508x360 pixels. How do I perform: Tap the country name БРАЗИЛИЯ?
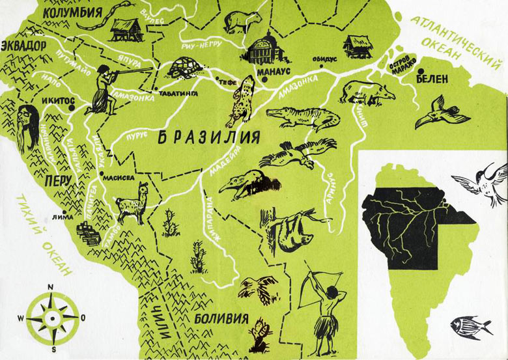coord(210,138)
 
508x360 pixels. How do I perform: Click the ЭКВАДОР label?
coord(24,46)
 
